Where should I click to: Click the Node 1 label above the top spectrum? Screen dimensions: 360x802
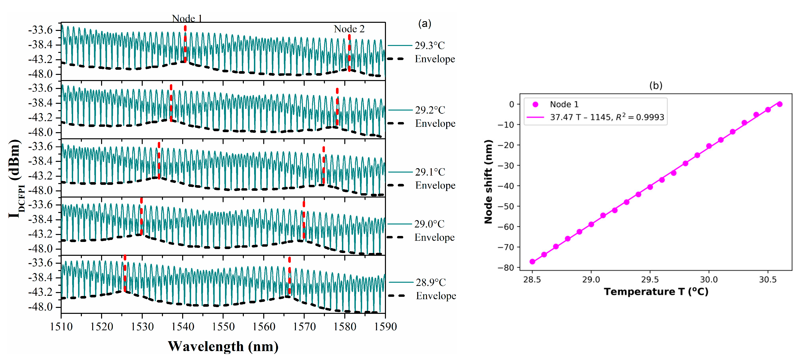click(x=187, y=18)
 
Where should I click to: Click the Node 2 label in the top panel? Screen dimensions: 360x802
click(x=349, y=29)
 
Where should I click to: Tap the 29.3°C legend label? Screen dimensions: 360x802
click(x=430, y=46)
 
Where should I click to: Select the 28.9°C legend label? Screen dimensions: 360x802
click(x=431, y=283)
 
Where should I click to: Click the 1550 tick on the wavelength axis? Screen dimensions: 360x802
click(x=223, y=326)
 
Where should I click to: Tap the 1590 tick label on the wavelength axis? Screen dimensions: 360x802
click(x=385, y=326)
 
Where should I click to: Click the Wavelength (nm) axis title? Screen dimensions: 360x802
click(x=223, y=346)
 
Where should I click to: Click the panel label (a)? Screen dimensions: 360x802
click(x=424, y=23)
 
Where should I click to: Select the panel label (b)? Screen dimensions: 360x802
click(x=656, y=86)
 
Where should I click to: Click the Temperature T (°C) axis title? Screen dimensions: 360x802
click(x=656, y=292)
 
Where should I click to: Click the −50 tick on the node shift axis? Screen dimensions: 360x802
click(x=506, y=206)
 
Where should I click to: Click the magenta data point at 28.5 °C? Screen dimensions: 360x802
click(x=532, y=262)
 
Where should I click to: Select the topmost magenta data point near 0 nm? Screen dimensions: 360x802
click(x=780, y=104)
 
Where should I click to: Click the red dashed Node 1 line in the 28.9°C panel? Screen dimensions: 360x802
click(x=125, y=274)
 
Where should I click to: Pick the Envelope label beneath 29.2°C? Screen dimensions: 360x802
click(x=435, y=123)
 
